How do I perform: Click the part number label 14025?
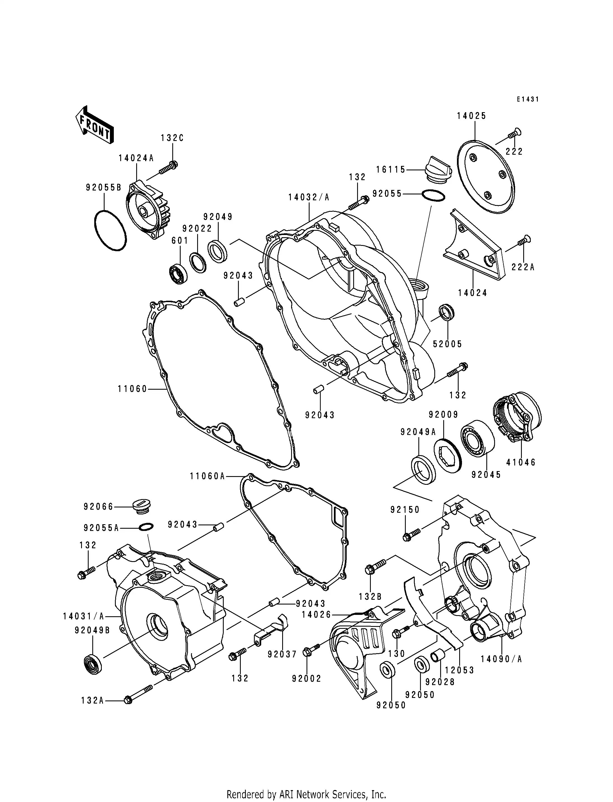471,116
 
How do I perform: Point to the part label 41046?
521,462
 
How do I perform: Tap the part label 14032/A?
309,197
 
